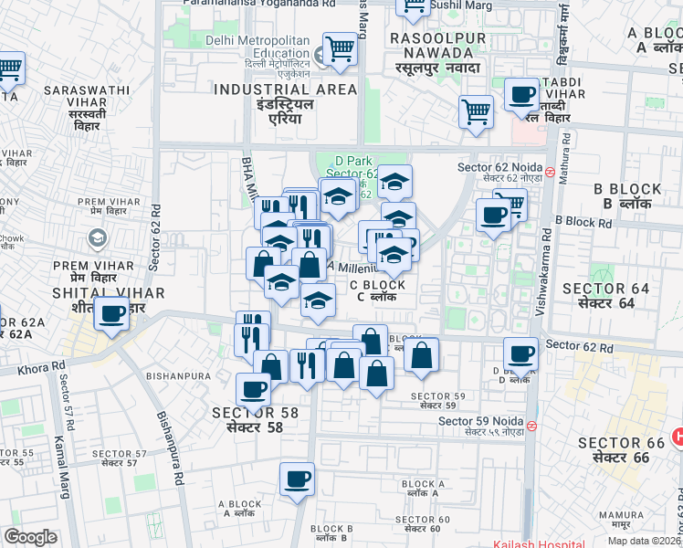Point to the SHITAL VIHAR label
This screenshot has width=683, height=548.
tap(108, 293)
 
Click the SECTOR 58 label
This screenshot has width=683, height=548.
tap(255, 413)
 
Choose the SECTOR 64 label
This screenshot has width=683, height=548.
tap(605, 290)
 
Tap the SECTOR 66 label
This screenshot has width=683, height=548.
tap(621, 444)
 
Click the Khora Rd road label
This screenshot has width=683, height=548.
tap(45, 366)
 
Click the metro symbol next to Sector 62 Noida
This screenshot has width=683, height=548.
tap(551, 170)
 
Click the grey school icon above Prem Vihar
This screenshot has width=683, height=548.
tap(96, 239)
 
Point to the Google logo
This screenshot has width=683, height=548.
tap(31, 537)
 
